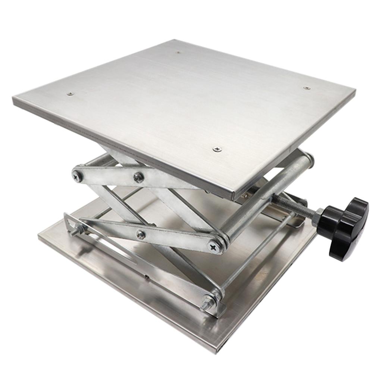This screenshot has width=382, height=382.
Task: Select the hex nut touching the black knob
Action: [x=319, y=217]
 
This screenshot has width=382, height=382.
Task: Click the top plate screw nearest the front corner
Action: [x=217, y=149]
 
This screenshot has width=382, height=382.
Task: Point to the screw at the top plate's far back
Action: [x=178, y=53]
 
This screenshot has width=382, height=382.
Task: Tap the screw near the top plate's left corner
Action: [x=70, y=94]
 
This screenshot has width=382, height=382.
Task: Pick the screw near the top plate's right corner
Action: [x=306, y=88]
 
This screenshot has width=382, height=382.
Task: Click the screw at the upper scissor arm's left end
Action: [x=78, y=176]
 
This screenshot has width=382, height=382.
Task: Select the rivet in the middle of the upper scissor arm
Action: [x=138, y=177]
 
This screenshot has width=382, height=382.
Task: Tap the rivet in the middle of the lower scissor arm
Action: [x=141, y=235]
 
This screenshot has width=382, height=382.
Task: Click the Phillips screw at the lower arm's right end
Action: [x=215, y=247]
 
